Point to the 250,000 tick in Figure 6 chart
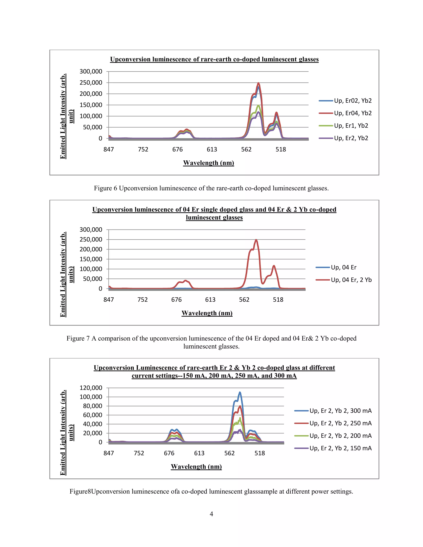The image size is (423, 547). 91,83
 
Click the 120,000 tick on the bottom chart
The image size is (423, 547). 91,388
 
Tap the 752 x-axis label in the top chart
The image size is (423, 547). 143,149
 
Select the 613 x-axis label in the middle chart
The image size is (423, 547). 210,300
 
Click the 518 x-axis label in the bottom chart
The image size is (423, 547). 260,453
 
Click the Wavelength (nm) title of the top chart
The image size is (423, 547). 208,163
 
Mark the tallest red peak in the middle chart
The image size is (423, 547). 256,240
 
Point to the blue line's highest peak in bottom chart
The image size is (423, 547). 240,392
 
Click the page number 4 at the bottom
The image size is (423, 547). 211,514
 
